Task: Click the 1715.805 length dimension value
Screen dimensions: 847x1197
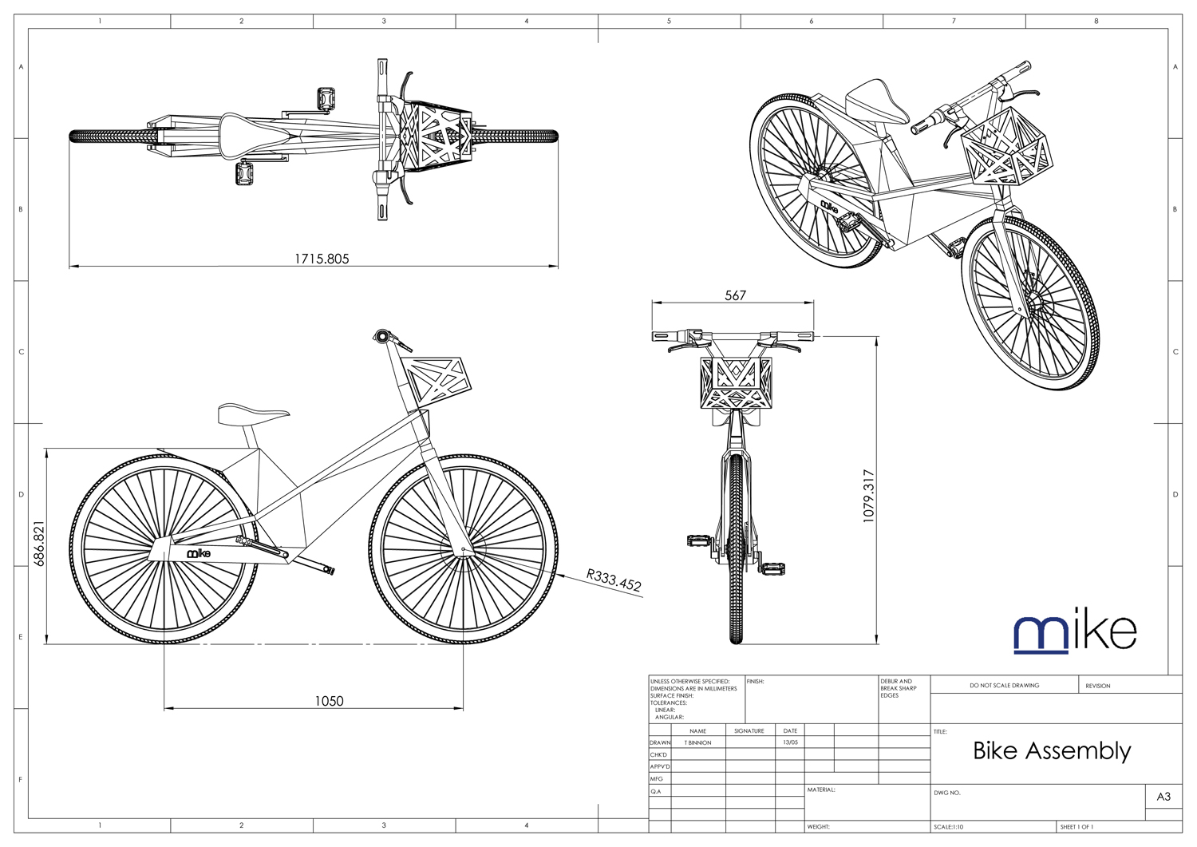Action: (x=322, y=259)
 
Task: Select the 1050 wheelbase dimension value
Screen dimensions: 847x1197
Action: (x=329, y=701)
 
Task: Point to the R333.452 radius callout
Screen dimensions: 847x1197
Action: (x=614, y=580)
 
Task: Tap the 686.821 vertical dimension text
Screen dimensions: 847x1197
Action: (x=40, y=544)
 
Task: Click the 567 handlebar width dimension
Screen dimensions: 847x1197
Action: (x=735, y=295)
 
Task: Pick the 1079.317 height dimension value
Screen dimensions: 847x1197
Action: (x=869, y=496)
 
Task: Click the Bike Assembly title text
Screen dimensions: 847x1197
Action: (x=1052, y=750)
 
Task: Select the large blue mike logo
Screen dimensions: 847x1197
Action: (x=1074, y=633)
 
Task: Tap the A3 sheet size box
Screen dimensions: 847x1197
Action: (x=1163, y=797)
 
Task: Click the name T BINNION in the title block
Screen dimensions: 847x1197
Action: (x=697, y=742)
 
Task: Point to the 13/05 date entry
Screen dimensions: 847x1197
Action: (x=790, y=742)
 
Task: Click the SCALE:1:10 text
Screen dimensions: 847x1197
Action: (x=949, y=827)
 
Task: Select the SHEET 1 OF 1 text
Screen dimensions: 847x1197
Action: (x=1077, y=827)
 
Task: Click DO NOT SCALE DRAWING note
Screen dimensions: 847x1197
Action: (x=1004, y=685)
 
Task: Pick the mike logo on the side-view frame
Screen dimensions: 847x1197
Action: (x=199, y=553)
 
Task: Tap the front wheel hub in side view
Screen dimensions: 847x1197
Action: (x=464, y=550)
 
